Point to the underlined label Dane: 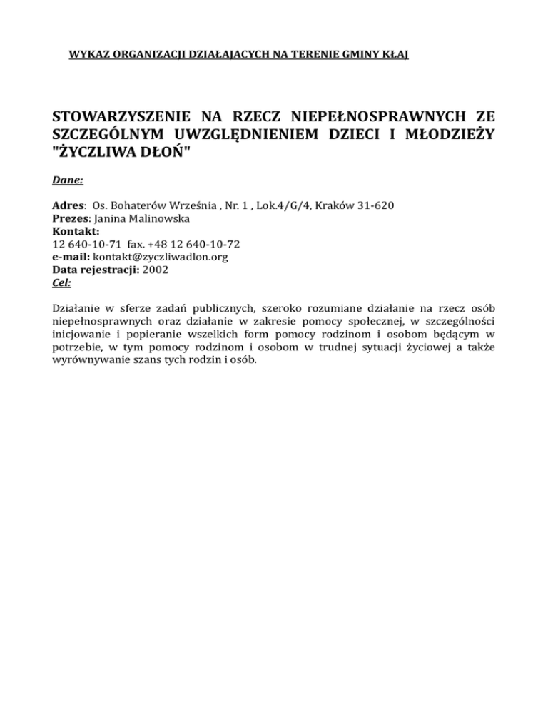pos(68,183)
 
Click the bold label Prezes pos(72,220)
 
